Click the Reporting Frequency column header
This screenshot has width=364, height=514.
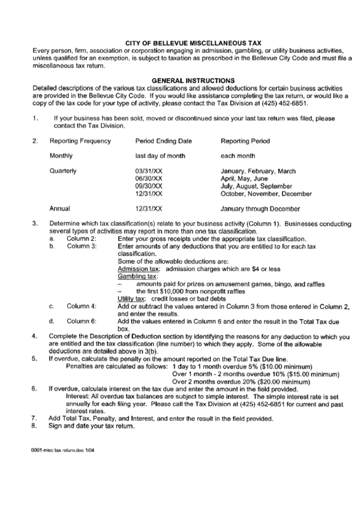tap(80, 141)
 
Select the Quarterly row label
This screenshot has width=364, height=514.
tap(64, 170)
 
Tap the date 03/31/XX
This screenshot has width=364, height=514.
tap(149, 171)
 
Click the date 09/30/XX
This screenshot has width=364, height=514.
tap(149, 186)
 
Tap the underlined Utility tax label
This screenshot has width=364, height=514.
tap(131, 299)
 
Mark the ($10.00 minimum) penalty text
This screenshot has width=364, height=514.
tap(309, 366)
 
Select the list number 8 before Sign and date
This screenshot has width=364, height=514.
tap(34, 425)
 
